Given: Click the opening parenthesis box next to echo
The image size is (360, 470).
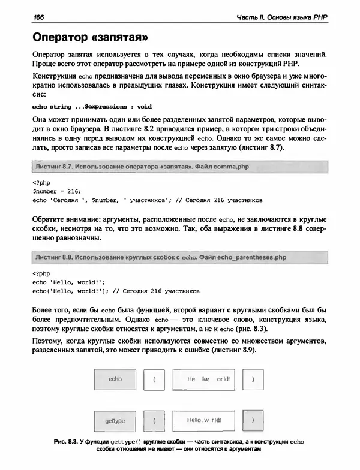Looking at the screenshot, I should pos(155,379).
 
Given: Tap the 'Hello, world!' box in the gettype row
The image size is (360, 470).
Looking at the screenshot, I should pos(204,421).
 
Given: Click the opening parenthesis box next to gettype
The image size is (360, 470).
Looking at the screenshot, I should pos(155,421).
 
